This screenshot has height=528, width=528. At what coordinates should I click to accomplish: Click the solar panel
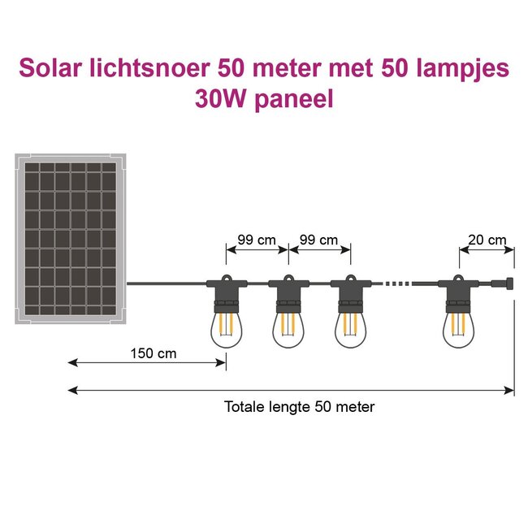71,236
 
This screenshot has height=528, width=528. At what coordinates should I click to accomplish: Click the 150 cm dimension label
154,353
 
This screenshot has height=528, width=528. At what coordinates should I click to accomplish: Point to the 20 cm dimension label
487,240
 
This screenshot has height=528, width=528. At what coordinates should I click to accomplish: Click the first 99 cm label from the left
258,240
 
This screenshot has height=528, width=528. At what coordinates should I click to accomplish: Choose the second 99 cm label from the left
319,240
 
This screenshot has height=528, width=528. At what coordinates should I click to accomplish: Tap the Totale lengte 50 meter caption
300,407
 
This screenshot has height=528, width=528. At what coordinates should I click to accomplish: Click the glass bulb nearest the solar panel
226,329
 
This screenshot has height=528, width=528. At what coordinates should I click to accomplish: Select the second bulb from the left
288,329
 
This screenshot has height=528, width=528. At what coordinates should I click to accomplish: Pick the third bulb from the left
350,329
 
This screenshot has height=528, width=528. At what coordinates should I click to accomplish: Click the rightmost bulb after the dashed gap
459,329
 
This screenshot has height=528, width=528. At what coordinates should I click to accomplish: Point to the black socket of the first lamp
226,293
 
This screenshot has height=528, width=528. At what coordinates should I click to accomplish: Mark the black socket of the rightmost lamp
459,293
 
